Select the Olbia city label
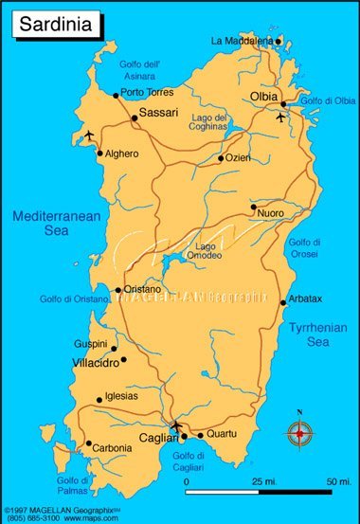point(264,98)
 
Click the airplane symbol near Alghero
point(90,136)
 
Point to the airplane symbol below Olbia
point(280,118)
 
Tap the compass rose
point(300,432)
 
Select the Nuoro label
point(271,214)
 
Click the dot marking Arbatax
point(282,302)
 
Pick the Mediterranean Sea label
point(56,224)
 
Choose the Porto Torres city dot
point(116,95)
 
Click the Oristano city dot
point(117,290)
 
